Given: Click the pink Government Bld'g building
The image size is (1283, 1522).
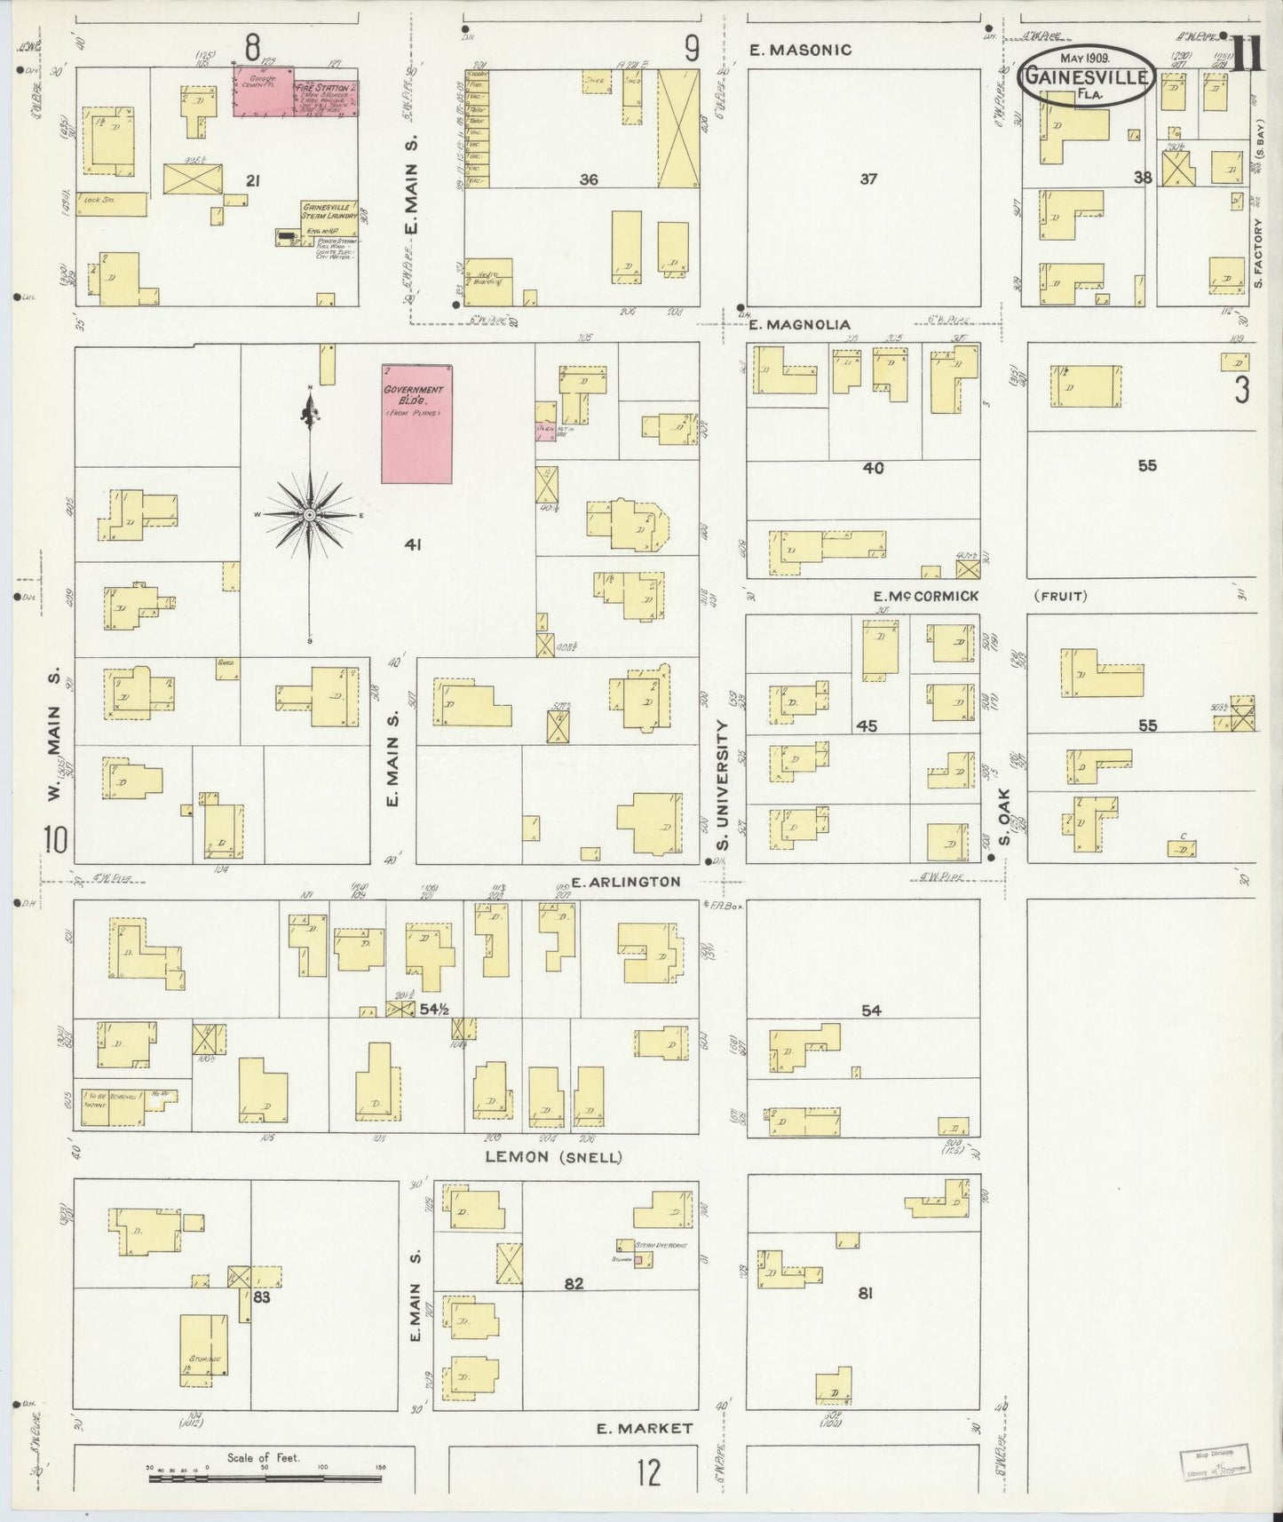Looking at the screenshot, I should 416,424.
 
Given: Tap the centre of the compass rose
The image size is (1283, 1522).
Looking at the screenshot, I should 309,514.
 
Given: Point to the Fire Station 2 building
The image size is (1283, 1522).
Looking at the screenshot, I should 326,94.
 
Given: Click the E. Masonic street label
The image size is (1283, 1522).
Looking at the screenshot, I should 800,51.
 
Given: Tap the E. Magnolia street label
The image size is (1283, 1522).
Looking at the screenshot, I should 799,325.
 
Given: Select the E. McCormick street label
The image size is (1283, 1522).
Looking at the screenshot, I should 926,596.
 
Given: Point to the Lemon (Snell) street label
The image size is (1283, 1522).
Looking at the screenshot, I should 553,1157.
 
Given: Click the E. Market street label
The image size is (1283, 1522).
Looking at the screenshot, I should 644,1428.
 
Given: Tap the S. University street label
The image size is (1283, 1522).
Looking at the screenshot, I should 723,786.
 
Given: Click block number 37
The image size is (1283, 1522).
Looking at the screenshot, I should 867,179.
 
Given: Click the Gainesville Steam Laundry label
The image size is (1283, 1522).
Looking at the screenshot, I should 329,210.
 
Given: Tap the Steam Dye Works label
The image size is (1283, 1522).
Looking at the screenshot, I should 661,1246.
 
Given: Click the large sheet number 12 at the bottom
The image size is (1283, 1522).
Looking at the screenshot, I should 648,1473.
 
